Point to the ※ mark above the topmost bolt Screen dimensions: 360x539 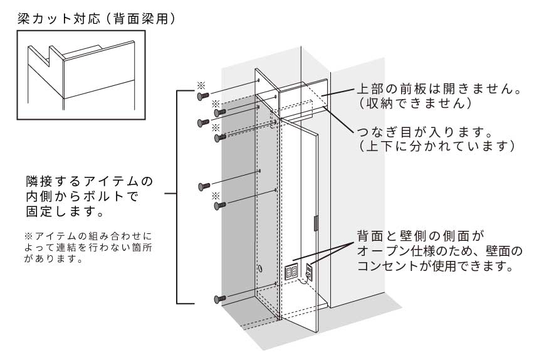pyautogui.click(x=201, y=84)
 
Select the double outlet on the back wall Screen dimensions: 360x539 pyautogui.click(x=291, y=272)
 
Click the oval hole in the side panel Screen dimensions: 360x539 pyautogui.click(x=261, y=269)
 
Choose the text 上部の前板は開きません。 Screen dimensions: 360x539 pyautogui.click(x=439, y=89)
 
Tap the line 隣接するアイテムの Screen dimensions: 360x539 pyautogui.click(x=89, y=182)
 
